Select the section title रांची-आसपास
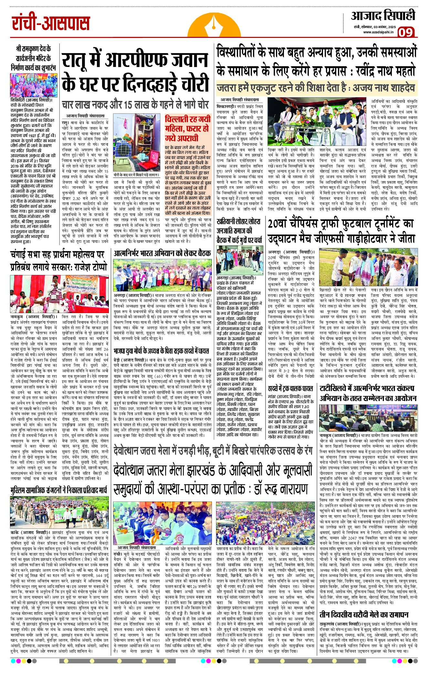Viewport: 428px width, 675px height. click(x=51, y=24)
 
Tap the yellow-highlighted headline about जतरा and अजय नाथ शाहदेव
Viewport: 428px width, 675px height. click(x=315, y=88)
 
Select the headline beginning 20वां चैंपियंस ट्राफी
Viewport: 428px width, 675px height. click(x=341, y=231)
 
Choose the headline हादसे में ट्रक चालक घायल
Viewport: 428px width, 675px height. click(x=290, y=388)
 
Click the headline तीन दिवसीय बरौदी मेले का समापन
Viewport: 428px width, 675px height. click(x=364, y=615)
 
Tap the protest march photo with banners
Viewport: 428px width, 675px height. click(x=58, y=512)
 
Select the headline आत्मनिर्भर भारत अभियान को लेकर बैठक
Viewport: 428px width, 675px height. click(x=162, y=254)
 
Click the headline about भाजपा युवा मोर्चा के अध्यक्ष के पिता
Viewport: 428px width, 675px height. click(x=161, y=351)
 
